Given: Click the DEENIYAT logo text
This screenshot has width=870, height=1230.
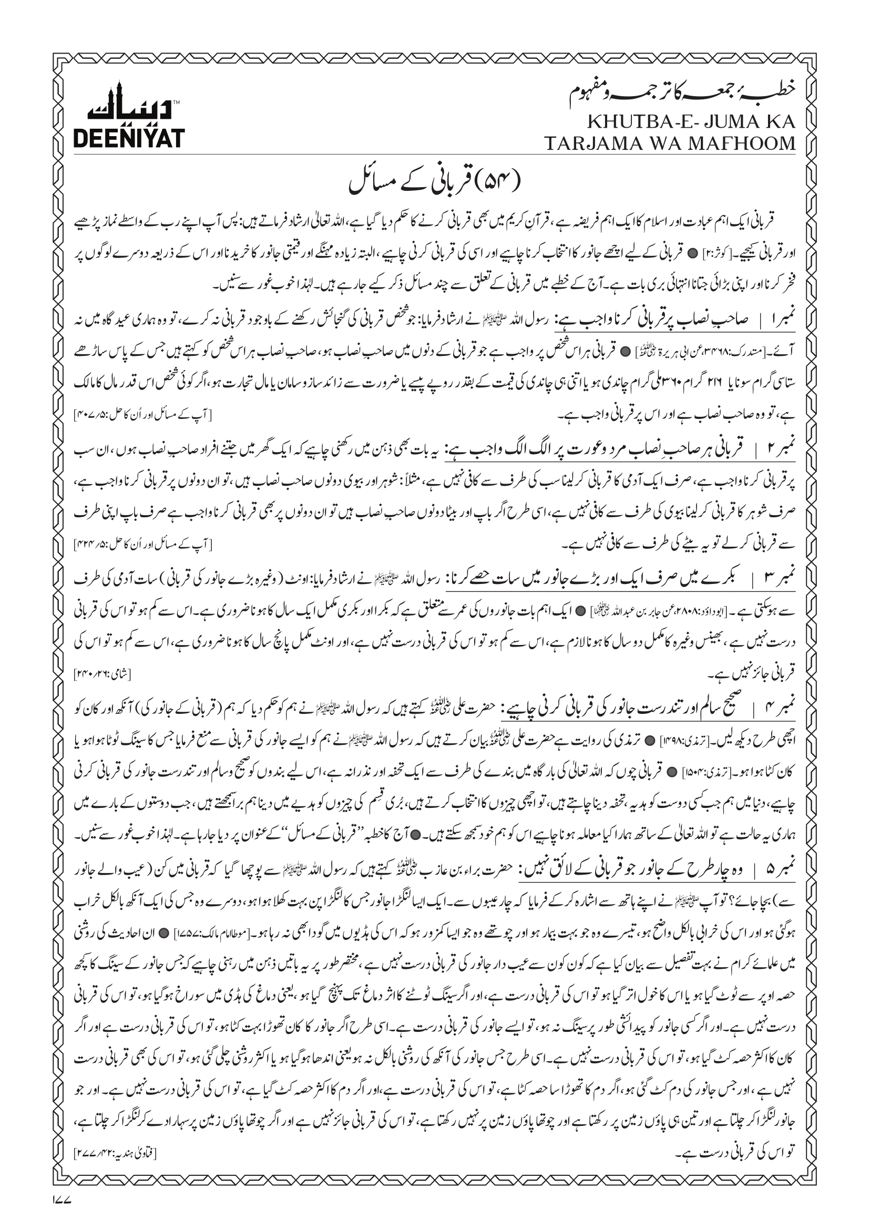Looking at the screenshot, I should [129, 138].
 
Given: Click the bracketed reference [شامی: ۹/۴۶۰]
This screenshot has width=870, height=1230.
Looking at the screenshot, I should [103, 674].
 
